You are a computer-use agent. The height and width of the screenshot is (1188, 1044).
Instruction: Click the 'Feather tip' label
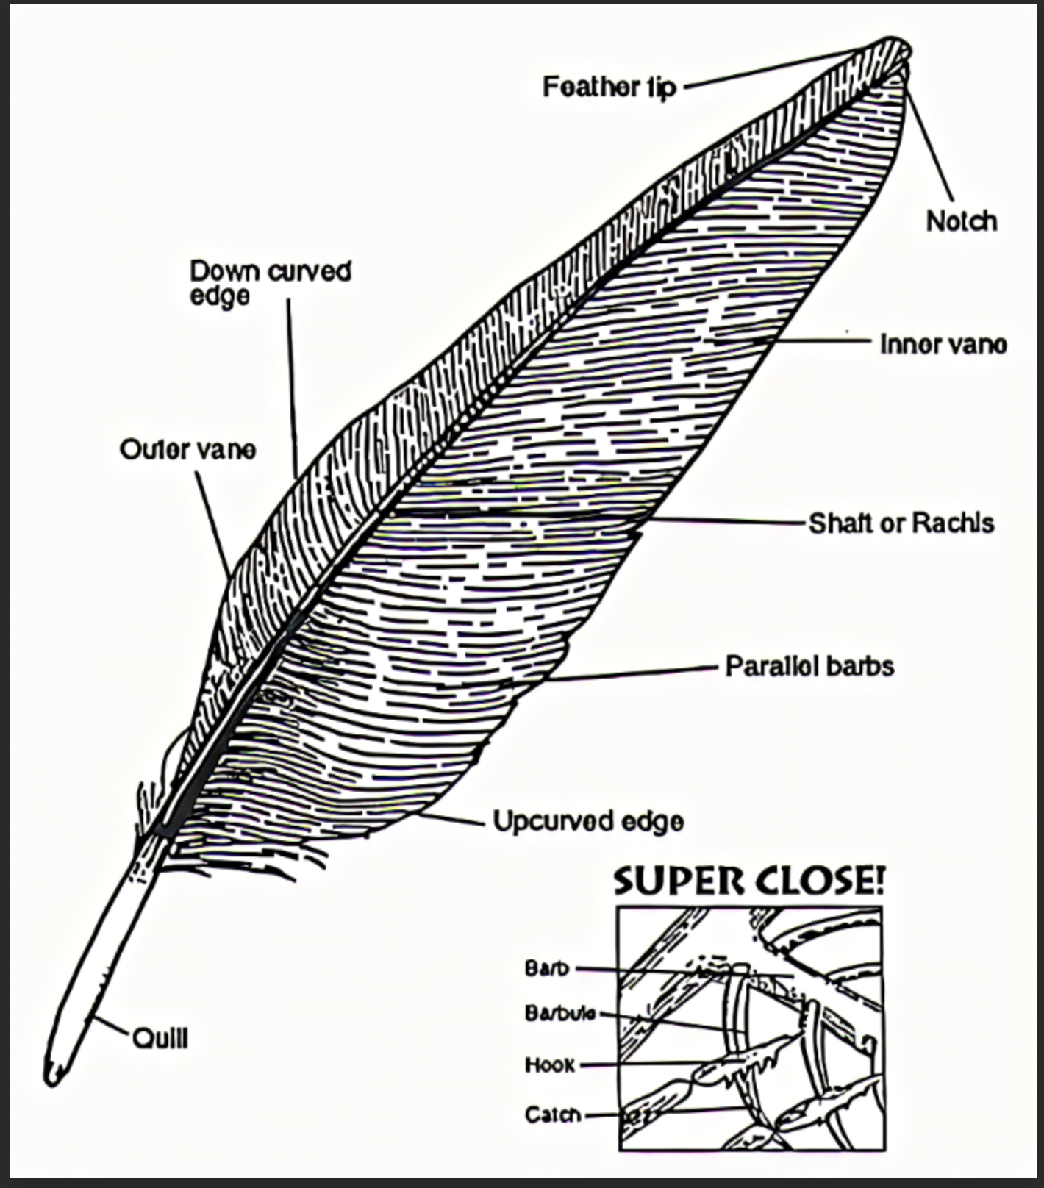[x=609, y=87]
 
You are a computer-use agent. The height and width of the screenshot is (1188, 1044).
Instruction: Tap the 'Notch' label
[x=961, y=221]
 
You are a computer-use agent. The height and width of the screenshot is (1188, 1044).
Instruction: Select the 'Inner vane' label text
[x=943, y=344]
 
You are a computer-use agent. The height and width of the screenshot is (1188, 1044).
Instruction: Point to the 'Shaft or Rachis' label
[x=901, y=523]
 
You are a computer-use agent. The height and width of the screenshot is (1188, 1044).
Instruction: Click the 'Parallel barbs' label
[x=809, y=666]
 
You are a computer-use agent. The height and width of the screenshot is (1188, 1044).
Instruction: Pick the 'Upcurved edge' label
[x=588, y=821]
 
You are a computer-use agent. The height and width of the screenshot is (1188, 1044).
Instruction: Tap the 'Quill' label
[x=160, y=1039]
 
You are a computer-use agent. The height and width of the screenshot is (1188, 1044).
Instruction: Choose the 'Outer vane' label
[x=187, y=449]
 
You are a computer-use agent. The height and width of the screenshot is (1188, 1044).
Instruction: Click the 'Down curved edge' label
[x=270, y=282]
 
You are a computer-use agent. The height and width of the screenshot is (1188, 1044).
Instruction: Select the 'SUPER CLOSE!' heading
[x=748, y=881]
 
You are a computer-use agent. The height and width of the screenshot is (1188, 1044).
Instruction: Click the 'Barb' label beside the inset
[x=547, y=968]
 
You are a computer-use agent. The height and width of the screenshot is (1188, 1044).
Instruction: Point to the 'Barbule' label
[x=560, y=1013]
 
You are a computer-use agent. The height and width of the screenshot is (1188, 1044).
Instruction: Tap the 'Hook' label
[x=550, y=1064]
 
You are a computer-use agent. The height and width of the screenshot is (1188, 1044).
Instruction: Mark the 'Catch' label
[x=553, y=1115]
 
